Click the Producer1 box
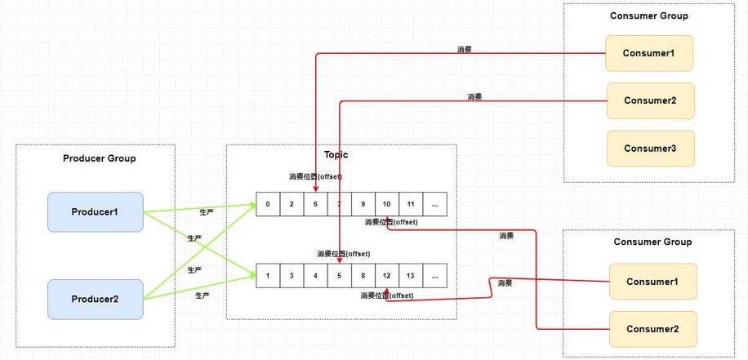click(96, 212)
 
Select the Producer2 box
click(96, 300)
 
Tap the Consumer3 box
click(650, 149)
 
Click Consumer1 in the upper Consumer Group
click(649, 53)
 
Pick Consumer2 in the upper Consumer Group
click(650, 100)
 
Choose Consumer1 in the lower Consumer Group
click(652, 282)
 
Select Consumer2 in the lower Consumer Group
click(652, 329)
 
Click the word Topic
click(336, 154)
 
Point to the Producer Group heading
click(100, 158)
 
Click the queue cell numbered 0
click(268, 204)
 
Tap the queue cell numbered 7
click(339, 204)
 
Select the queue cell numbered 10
click(386, 204)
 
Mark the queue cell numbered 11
click(411, 204)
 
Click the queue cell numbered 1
click(268, 275)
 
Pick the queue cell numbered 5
click(339, 275)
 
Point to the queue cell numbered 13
click(411, 275)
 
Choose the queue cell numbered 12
click(386, 275)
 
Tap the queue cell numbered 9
click(363, 204)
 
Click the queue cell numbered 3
click(292, 275)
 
